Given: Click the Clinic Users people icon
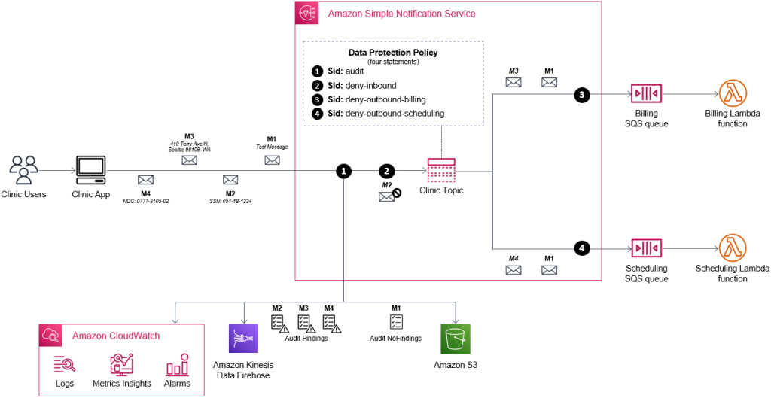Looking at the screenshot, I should (25, 169).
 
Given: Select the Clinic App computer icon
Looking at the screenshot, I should (92, 170).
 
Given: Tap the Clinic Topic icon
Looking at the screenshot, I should (441, 170).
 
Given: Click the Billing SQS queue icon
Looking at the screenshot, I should (645, 96).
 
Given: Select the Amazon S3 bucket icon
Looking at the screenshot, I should (456, 339).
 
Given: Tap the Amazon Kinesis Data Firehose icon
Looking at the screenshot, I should (243, 339).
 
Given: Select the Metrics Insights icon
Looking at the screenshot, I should (121, 364).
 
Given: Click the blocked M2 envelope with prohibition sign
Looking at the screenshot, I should (389, 196).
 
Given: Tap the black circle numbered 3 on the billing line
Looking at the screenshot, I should (581, 96).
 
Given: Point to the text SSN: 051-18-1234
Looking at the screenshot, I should (230, 201).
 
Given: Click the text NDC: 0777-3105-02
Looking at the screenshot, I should (145, 201).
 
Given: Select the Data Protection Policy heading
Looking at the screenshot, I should (392, 53).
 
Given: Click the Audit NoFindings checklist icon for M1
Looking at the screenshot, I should (395, 322).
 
